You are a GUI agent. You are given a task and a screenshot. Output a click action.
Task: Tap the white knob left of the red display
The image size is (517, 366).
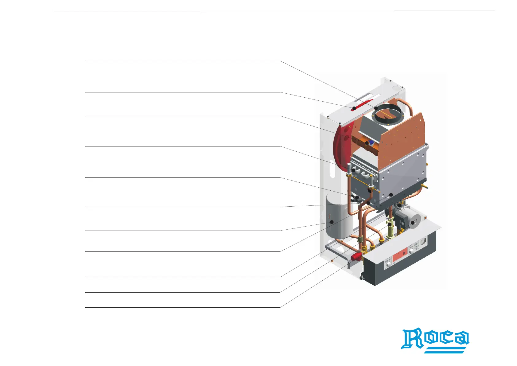(x=389, y=264)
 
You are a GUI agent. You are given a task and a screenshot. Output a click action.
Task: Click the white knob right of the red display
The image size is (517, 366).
(x=411, y=251)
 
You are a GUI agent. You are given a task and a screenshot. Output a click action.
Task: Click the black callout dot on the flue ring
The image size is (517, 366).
(x=376, y=108)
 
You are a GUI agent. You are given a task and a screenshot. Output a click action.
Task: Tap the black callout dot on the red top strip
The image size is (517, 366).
(x=354, y=108)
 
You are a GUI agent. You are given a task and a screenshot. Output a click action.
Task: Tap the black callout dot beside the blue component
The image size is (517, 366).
(x=367, y=143)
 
